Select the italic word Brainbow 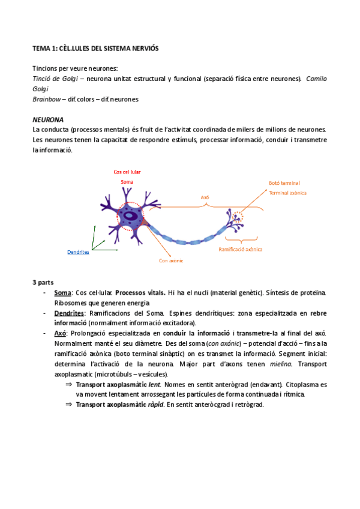pos(46,99)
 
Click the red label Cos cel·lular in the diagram pos(127,172)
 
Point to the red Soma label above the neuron pos(127,181)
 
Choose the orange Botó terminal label pos(284,182)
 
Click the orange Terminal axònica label pos(287,193)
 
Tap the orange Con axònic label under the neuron pos(171,261)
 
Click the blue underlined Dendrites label pos(78,252)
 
